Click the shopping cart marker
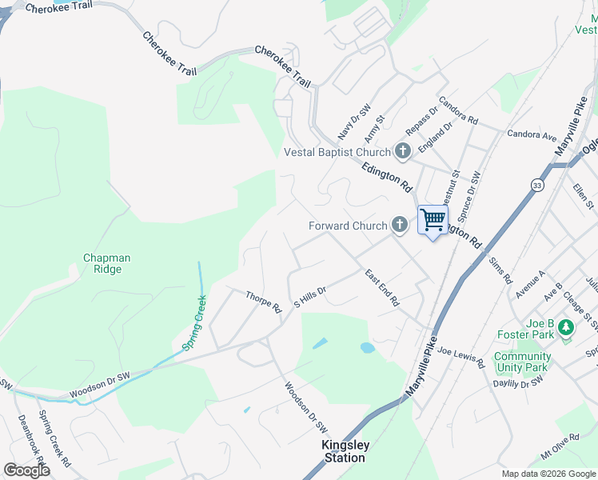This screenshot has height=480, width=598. pos(433,219)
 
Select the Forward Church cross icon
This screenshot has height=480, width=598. pos(400,226)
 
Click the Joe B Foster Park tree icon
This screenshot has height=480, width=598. pos(566,327)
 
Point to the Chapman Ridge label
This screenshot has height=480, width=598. pos(107,264)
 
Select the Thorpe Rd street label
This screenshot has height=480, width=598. pos(264,302)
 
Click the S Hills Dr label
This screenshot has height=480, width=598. pos(311,298)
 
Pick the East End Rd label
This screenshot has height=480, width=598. pos(382,288)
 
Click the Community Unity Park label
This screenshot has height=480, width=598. pos(521,362)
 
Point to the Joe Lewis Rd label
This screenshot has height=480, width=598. pos(461,358)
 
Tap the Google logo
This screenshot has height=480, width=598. pos(26,470)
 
